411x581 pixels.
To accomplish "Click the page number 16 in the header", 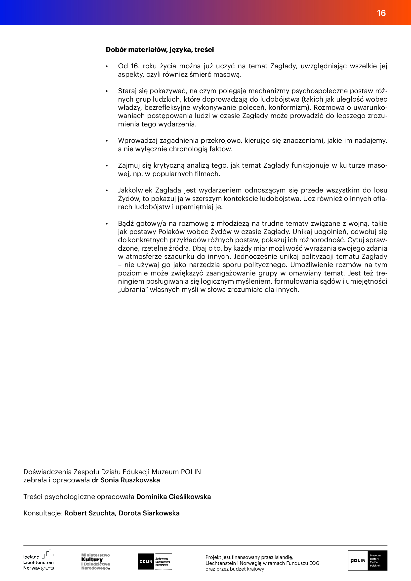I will (x=381, y=13).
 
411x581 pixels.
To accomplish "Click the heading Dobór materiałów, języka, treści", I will (x=160, y=50).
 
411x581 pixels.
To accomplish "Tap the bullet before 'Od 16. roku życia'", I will (x=107, y=67).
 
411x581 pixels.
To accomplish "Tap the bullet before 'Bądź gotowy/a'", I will (x=107, y=224).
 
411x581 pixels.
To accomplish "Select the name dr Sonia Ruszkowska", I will (x=126, y=480).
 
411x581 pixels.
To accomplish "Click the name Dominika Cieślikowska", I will (x=173, y=497).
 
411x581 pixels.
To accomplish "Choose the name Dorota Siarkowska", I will (x=149, y=513).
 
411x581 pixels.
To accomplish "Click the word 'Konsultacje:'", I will (x=43, y=513).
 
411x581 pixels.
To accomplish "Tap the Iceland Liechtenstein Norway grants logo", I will (x=39, y=560).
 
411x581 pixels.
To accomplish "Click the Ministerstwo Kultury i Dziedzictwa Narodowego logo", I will (x=95, y=562).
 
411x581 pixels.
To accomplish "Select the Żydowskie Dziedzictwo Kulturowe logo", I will (x=155, y=562).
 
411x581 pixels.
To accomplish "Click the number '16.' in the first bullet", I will (x=135, y=66).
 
